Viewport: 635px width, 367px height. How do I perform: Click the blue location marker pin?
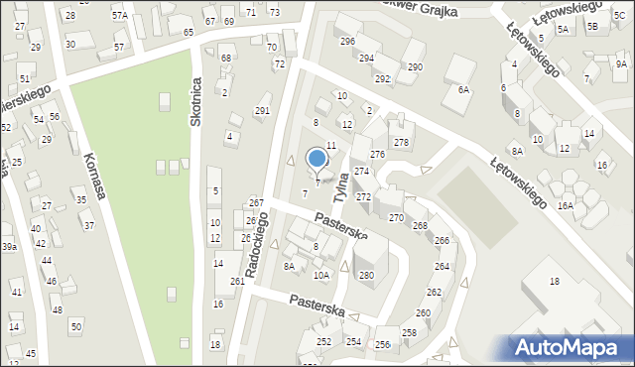point(317,159)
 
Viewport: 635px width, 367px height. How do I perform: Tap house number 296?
point(347,41)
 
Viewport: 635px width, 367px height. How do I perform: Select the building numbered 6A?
point(462,89)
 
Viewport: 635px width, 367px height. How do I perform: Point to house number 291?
point(262,111)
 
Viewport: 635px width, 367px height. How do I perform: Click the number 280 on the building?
point(366,275)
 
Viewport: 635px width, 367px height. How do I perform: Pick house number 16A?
point(566,205)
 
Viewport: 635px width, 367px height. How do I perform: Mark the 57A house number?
point(120,16)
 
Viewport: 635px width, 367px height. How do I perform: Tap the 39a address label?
point(9,246)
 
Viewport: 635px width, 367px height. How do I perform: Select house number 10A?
point(320,275)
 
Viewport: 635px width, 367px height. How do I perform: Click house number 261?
point(237,282)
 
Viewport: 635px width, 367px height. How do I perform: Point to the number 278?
point(401,143)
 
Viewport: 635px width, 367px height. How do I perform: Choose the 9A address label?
point(621,63)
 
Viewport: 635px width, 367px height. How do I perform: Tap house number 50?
point(75,326)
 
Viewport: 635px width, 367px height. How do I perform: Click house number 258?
point(409,332)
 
